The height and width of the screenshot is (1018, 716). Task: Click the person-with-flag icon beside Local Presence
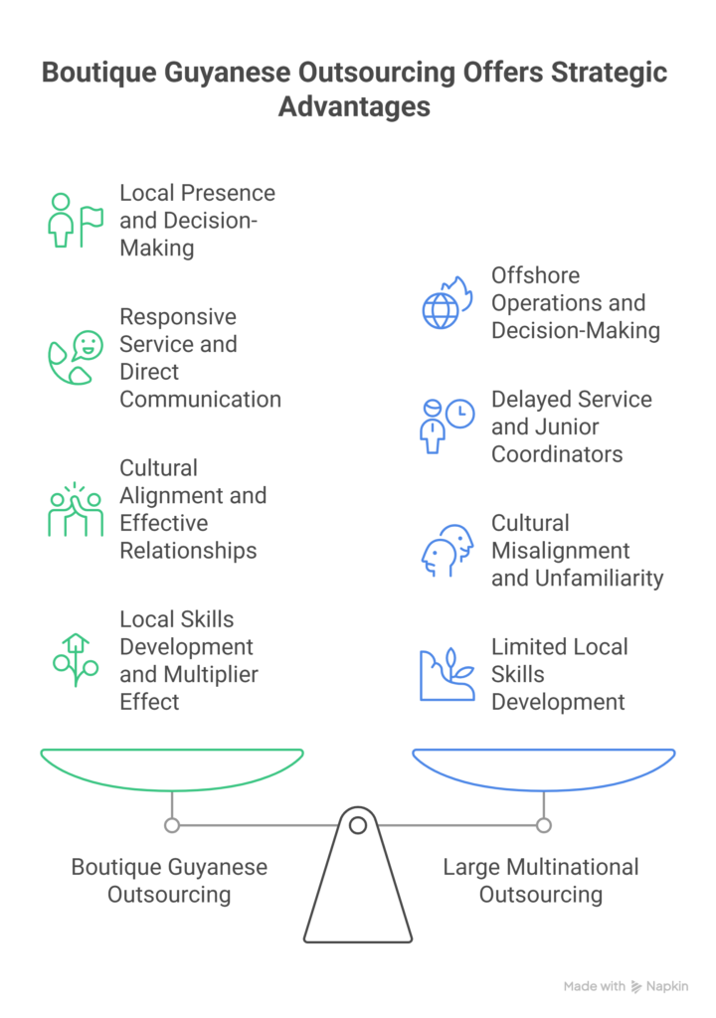coord(75,220)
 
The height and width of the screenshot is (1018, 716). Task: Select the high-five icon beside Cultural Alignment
coord(75,509)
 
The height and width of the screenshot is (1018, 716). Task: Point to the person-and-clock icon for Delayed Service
coord(446,426)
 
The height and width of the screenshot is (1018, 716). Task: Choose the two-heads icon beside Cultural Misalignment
coord(446,551)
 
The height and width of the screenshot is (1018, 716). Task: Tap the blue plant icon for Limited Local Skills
coord(446,675)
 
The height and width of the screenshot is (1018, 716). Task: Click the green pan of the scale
coord(172,765)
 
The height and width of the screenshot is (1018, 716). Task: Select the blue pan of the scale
coord(544,765)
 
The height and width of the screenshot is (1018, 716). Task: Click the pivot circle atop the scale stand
coord(358,824)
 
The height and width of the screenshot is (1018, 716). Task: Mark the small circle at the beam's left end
coord(172,825)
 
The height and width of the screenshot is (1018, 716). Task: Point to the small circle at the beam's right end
coord(544,825)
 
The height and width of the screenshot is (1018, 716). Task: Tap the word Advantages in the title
coord(354,106)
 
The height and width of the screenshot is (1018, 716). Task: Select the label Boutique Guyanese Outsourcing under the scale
coord(169,880)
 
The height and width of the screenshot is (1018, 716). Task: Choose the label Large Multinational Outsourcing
coord(541,880)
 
